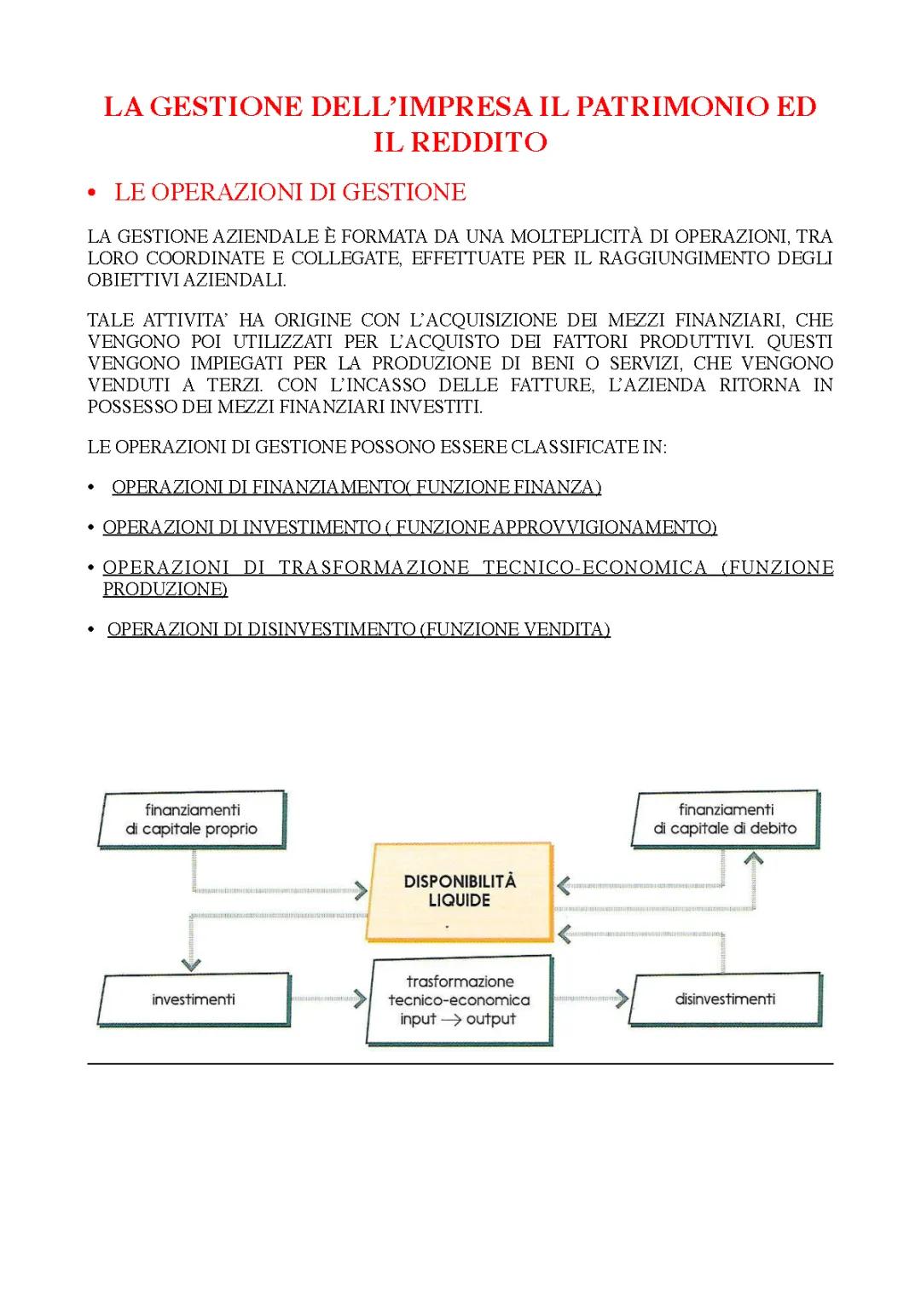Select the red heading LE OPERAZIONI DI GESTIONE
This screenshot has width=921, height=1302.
coord(290,192)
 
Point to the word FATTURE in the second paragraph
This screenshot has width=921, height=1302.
coord(553,385)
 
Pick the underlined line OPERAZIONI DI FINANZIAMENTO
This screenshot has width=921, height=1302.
coord(356,487)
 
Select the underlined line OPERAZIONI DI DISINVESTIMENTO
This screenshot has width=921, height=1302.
coord(358,629)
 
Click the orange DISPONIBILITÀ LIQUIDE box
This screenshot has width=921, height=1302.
coord(460,891)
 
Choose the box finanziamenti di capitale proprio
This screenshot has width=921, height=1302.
coord(192,819)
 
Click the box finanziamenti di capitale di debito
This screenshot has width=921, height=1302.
coord(726,819)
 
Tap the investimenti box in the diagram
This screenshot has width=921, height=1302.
coord(194,999)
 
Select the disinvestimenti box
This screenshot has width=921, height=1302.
coord(726,998)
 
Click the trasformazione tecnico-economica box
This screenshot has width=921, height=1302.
coord(460,1000)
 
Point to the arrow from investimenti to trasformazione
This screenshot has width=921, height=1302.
coord(328,998)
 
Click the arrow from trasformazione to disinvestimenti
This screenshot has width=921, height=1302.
coord(591,998)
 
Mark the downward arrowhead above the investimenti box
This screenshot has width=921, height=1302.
coord(191,963)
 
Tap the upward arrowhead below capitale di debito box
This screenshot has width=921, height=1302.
coord(753,859)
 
